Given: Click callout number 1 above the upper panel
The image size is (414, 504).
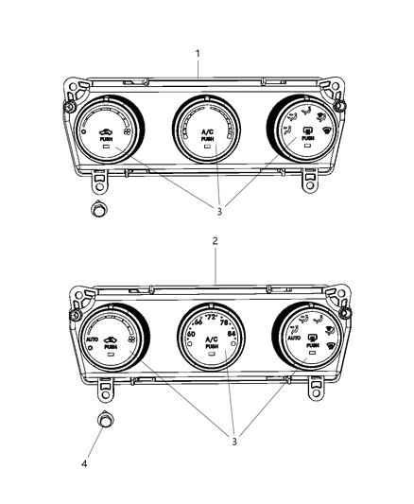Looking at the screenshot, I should tap(198, 54).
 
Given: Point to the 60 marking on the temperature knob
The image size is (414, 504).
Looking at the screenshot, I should tap(192, 334).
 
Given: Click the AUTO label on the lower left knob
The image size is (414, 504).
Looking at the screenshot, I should tap(92, 338).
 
